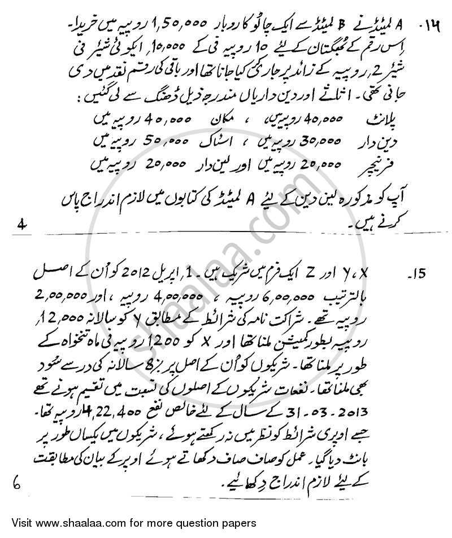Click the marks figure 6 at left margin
point(16,482)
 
